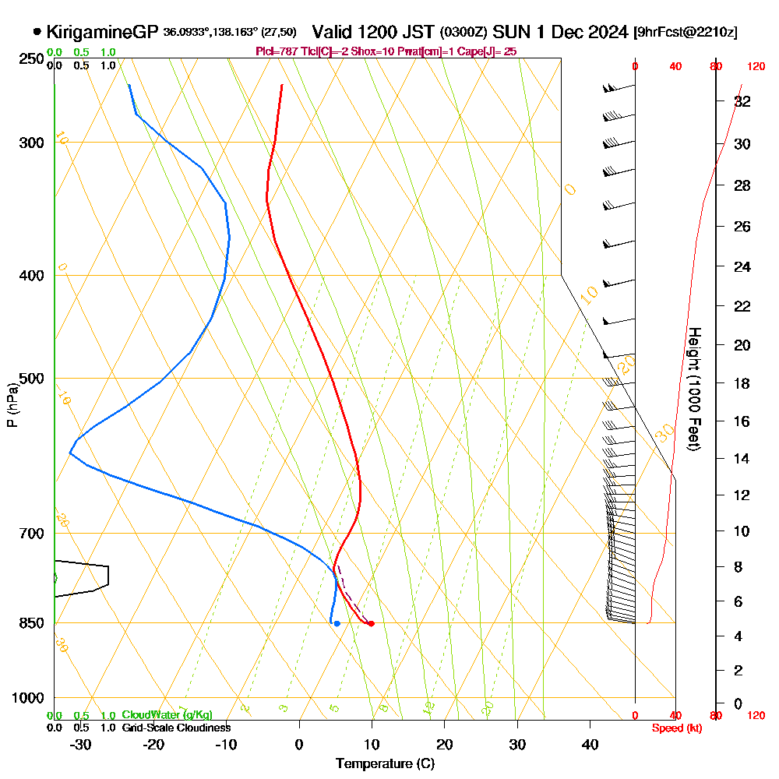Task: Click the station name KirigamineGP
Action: tap(103, 32)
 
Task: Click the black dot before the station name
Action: tap(37, 32)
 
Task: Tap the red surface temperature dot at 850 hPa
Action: tap(371, 623)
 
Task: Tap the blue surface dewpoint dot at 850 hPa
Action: tap(337, 623)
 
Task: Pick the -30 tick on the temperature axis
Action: tap(80, 745)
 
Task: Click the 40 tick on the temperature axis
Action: tap(590, 745)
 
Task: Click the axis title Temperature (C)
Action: tap(385, 764)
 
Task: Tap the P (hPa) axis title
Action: tap(12, 405)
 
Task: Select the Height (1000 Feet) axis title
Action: tap(693, 388)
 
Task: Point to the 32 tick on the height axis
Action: tap(742, 101)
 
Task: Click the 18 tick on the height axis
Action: tap(742, 383)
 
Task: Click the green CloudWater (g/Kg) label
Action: tap(167, 715)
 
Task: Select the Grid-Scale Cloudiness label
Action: tap(176, 728)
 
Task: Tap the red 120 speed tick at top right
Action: tap(755, 67)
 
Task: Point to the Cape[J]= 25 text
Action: tap(491, 51)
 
